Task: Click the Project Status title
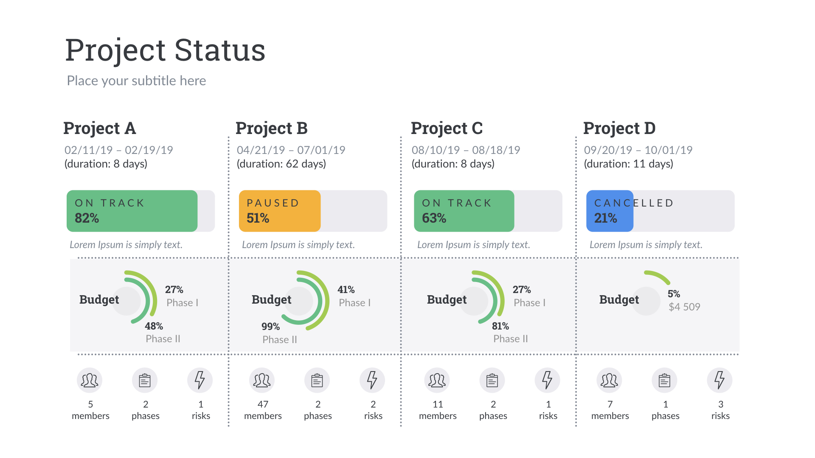click(165, 50)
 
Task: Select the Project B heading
click(271, 128)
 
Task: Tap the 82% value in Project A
click(87, 218)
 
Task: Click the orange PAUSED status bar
click(279, 211)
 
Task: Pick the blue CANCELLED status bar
click(610, 211)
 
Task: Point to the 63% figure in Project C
click(434, 218)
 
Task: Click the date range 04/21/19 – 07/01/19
click(291, 150)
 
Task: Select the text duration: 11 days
click(628, 164)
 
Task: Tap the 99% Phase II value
click(270, 327)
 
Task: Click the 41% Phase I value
click(346, 290)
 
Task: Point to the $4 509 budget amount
click(684, 307)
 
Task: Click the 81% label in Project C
click(500, 326)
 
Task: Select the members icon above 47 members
click(262, 380)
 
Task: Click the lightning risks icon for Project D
click(719, 380)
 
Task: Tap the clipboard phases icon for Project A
click(145, 380)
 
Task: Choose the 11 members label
click(438, 410)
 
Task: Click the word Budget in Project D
click(618, 299)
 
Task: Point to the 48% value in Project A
click(154, 326)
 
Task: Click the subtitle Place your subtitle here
click(136, 81)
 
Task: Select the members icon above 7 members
click(609, 380)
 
